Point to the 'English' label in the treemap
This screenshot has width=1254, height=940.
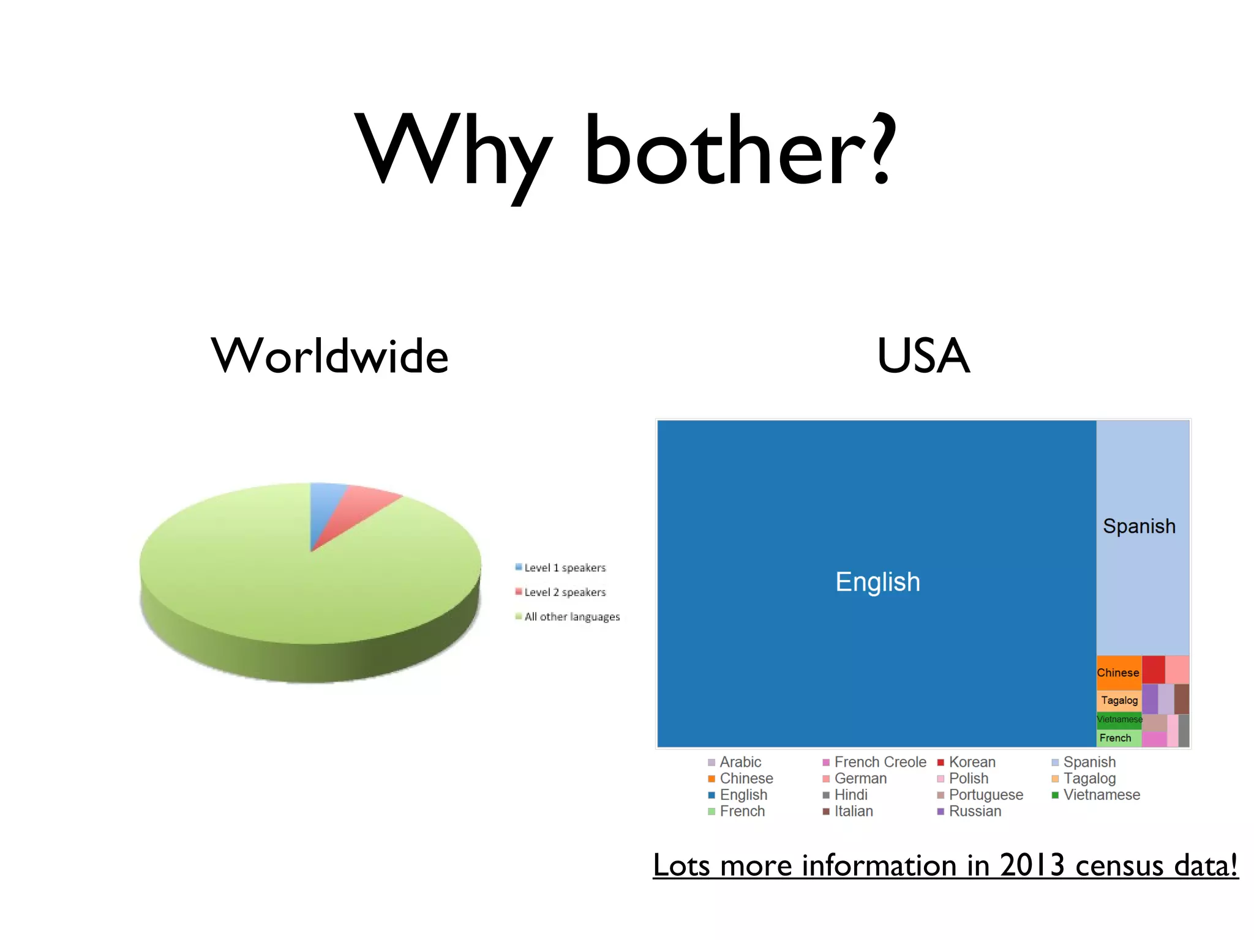click(x=877, y=582)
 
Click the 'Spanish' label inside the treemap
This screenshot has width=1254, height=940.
click(x=1139, y=526)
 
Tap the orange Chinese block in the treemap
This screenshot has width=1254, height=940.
click(x=1118, y=673)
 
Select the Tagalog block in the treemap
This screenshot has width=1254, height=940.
click(x=1119, y=700)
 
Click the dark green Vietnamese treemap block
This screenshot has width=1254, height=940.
click(x=1119, y=719)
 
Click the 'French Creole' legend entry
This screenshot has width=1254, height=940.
click(x=879, y=763)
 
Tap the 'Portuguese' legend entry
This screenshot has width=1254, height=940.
click(x=985, y=795)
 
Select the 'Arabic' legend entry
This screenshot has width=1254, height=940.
click(x=740, y=763)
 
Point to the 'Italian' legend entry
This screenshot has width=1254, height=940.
click(x=853, y=811)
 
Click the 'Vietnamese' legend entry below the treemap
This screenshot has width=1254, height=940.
click(x=1101, y=795)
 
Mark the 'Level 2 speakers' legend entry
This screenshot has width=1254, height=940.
click(x=564, y=592)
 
